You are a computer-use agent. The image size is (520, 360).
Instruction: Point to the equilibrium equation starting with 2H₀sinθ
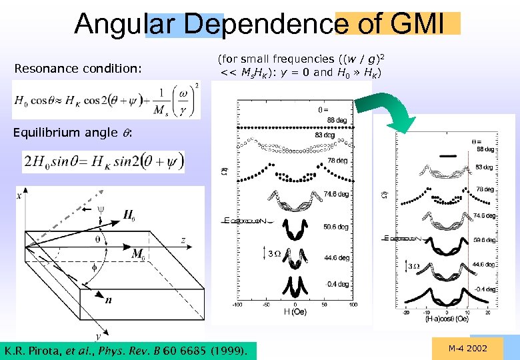103,161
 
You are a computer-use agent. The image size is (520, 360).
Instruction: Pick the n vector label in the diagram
107,299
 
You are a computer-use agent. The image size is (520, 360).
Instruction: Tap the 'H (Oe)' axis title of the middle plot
295,311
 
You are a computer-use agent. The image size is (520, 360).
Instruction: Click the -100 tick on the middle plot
237,305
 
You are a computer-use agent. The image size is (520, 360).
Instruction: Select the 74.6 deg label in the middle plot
333,195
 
